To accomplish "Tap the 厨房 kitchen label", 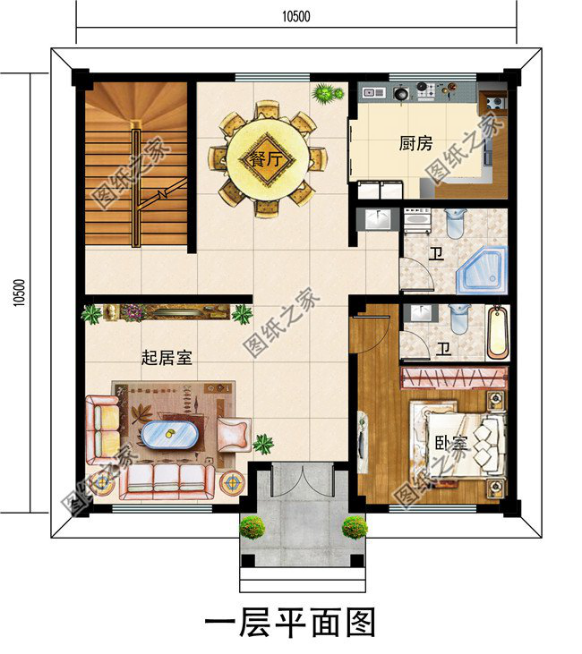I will coord(415,143).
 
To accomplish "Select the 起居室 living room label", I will coord(167,357).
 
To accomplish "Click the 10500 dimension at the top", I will coord(295,16).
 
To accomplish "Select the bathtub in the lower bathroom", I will coord(497,331).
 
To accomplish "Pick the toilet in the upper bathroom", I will coord(454,222).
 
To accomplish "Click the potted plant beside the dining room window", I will coord(327,92).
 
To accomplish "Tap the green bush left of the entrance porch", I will coord(252,527).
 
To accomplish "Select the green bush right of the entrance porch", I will coord(355,527).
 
